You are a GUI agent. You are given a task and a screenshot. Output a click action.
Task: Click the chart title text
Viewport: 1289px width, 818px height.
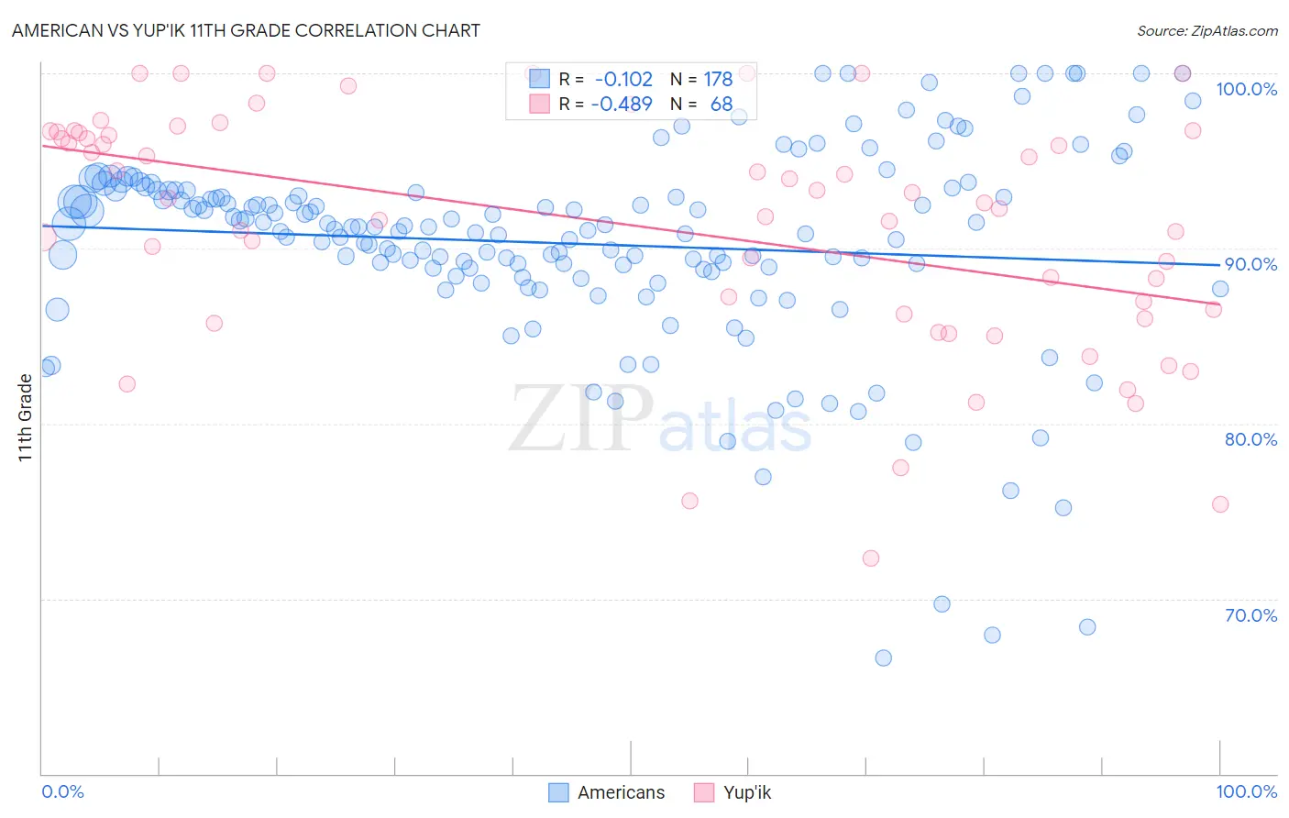246,30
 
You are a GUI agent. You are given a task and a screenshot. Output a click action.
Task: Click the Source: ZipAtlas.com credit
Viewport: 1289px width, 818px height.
1206,30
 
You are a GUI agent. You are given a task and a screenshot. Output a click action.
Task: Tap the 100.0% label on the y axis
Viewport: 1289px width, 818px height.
1246,89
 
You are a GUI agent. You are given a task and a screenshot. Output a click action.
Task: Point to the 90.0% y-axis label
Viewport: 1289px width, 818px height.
1250,264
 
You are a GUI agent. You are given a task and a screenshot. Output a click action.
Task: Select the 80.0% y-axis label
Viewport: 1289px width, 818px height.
1250,439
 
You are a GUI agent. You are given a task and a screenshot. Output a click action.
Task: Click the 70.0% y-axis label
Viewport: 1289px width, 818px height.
1250,615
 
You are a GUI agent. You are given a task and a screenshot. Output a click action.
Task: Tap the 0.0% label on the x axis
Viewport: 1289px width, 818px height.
62,791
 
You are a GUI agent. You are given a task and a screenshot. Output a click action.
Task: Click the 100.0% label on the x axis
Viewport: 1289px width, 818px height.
1246,791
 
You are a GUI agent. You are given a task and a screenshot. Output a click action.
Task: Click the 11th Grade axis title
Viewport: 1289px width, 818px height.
25,418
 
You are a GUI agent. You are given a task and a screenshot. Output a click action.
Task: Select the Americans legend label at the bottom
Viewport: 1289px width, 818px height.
621,792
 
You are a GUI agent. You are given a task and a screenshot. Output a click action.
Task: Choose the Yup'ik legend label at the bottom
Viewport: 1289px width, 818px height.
747,792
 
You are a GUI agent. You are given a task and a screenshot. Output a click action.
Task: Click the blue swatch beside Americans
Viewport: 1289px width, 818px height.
558,792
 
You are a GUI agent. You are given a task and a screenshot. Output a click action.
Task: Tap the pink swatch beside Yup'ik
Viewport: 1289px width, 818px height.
704,792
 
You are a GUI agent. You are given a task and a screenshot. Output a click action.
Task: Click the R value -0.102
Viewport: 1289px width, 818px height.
623,80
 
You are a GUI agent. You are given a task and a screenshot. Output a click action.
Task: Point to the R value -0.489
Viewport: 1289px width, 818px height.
622,105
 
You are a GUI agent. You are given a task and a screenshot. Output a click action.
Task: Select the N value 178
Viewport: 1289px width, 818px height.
718,80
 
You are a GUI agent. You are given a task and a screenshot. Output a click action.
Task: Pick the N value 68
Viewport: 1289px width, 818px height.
722,105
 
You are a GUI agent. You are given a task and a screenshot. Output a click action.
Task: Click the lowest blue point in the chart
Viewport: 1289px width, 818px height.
883,658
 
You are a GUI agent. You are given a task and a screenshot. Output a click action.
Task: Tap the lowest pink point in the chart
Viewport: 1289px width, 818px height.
871,558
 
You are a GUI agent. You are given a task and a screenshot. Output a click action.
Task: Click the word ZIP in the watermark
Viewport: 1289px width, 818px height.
580,420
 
